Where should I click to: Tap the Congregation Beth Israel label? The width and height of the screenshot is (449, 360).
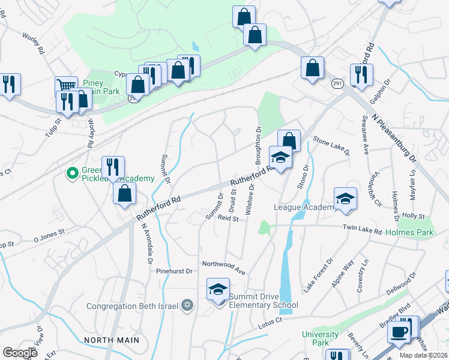[133, 306]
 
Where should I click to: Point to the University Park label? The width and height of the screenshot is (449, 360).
[316, 338]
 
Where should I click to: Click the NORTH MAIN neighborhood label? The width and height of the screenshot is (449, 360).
[112, 340]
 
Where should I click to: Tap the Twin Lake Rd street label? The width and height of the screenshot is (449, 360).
[363, 229]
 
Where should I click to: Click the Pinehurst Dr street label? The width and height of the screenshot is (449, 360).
[173, 271]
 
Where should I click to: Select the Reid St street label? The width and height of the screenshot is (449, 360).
[228, 219]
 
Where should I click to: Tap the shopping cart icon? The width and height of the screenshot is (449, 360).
[65, 86]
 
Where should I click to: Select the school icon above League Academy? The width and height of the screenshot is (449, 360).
[345, 199]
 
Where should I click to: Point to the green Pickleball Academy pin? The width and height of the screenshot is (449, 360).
[72, 174]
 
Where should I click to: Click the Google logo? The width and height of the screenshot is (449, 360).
[20, 353]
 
